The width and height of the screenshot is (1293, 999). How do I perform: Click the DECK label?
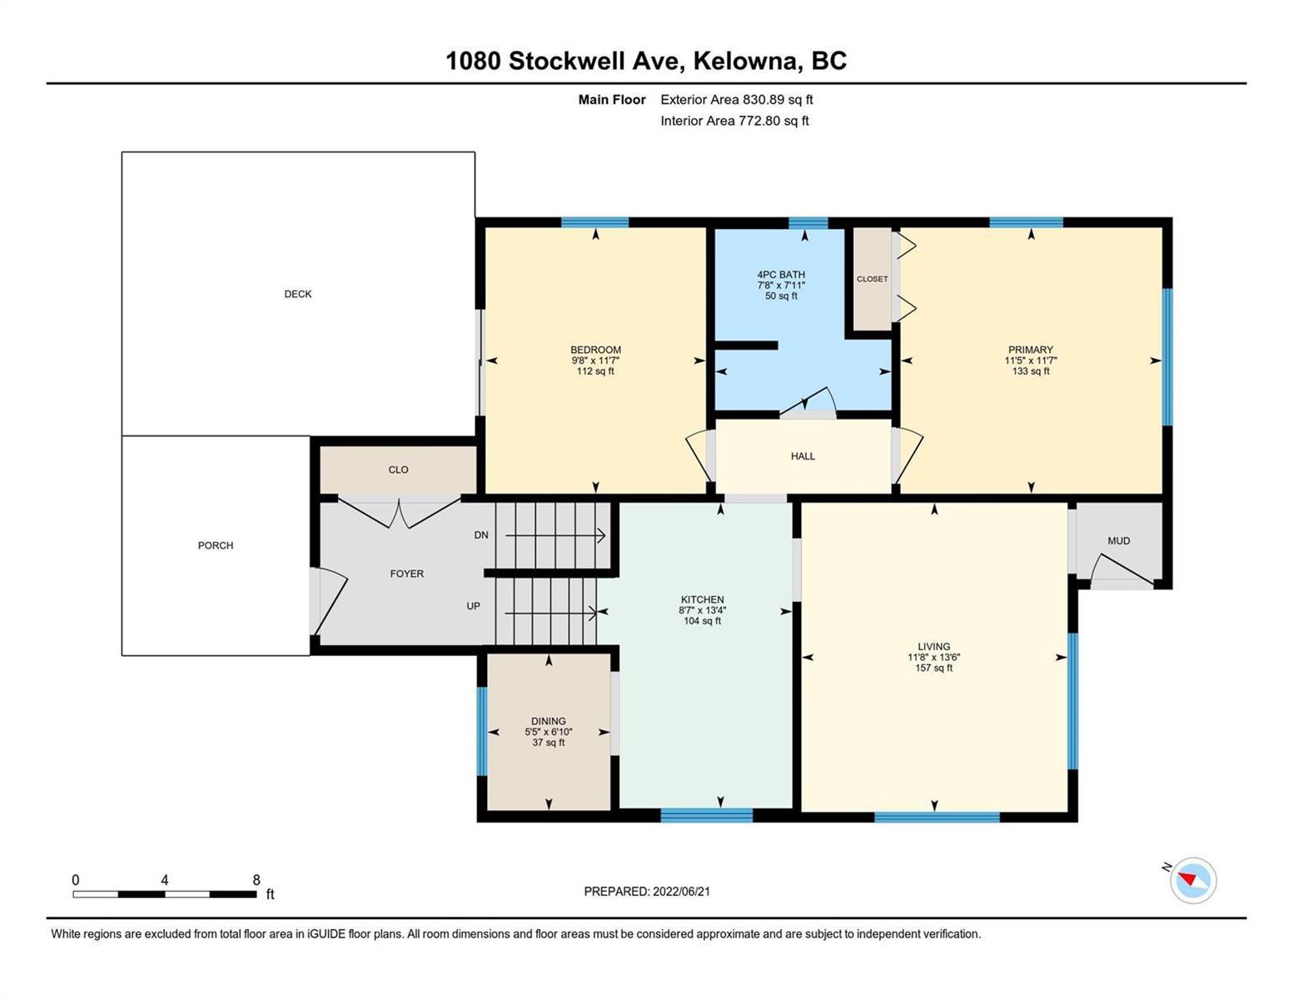click(297, 294)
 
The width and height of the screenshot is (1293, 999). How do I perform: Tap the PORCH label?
click(216, 545)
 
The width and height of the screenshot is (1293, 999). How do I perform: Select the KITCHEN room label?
click(702, 599)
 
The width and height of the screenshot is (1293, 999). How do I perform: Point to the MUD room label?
click(1119, 540)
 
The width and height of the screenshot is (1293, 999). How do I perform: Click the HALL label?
click(803, 455)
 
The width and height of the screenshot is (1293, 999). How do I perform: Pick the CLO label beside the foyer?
click(398, 470)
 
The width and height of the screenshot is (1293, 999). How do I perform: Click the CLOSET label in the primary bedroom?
click(873, 278)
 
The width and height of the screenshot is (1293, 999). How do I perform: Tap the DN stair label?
click(480, 535)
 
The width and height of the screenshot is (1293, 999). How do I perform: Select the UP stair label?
click(473, 606)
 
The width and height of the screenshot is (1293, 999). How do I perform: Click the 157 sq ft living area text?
click(933, 668)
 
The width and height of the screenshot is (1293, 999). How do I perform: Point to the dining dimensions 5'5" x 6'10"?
click(548, 732)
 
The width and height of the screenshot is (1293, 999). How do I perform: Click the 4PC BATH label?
click(781, 274)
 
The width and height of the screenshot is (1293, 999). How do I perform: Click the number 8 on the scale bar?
click(256, 880)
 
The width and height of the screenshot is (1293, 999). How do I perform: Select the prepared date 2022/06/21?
click(681, 892)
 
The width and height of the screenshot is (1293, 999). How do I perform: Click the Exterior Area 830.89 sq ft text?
click(737, 99)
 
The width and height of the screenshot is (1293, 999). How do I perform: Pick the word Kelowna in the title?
click(745, 61)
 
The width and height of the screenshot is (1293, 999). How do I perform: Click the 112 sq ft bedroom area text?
click(595, 370)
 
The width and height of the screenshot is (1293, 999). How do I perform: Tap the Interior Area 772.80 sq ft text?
click(735, 121)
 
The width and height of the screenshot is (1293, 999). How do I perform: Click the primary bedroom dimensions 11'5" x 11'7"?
click(1031, 360)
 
